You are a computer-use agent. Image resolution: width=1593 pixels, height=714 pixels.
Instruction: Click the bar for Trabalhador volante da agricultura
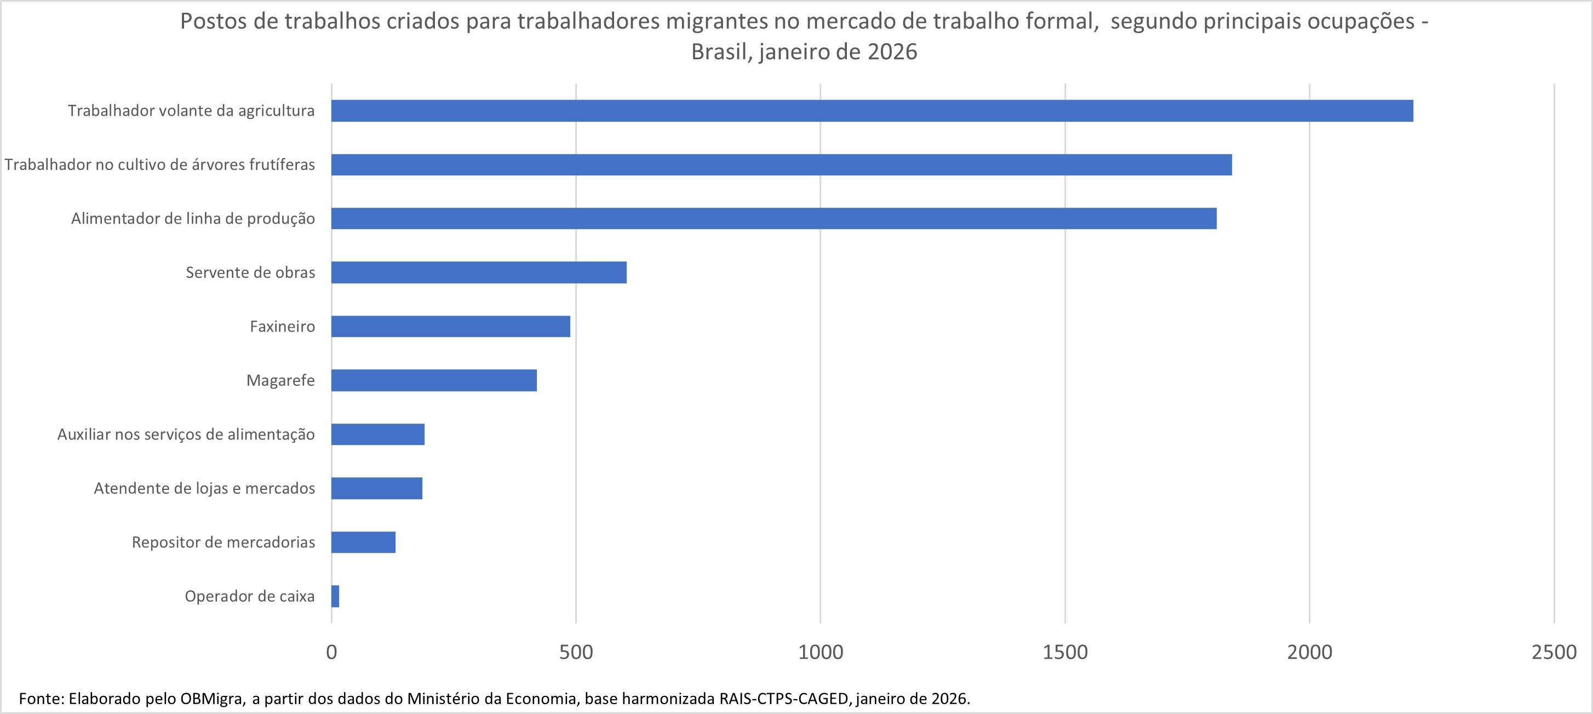coord(872,111)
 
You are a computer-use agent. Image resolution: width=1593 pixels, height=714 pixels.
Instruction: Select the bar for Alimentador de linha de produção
coord(773,219)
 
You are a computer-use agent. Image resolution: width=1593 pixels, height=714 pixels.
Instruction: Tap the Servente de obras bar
coord(479,272)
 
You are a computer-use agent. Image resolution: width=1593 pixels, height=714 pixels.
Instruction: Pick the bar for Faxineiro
coord(450,326)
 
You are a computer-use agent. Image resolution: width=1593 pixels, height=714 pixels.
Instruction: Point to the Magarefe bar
coord(433,380)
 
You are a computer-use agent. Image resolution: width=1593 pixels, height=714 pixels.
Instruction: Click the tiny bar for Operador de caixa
coord(335,596)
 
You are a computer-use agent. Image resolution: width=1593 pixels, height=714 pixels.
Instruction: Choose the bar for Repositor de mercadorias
coord(363,542)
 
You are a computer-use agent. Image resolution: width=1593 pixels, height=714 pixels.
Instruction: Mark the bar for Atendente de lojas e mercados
coord(376,488)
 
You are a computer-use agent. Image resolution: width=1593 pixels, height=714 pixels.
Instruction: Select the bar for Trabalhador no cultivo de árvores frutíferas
coord(781,164)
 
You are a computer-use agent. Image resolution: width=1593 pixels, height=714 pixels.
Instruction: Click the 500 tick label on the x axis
coord(576,652)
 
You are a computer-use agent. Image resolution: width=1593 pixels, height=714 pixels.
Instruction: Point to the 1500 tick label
coord(1065,652)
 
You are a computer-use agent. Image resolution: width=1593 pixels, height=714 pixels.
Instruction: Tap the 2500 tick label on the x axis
coord(1554,652)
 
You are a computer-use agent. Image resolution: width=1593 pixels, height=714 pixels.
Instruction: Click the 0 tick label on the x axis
coord(331,652)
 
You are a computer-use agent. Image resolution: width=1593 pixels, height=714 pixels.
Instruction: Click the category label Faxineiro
coord(282,327)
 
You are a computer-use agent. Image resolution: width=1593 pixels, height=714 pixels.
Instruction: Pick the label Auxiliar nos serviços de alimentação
coord(186,435)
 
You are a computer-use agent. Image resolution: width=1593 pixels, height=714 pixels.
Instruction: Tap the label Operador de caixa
coord(249,596)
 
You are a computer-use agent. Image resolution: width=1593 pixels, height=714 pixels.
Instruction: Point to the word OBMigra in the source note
coord(212,699)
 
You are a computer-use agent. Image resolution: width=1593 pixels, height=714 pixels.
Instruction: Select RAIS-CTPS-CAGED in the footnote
coord(783,699)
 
